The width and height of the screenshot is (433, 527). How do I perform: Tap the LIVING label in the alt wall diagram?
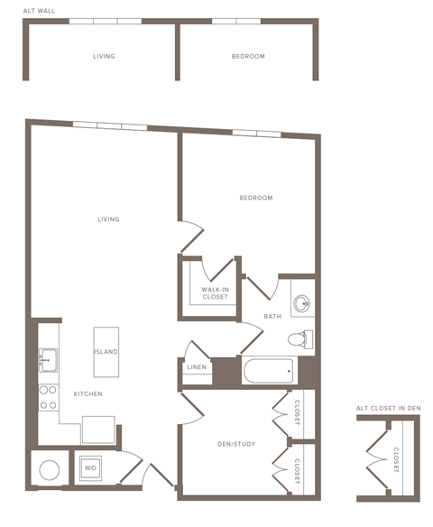pyautogui.click(x=104, y=56)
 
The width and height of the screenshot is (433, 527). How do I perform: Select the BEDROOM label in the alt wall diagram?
pyautogui.click(x=248, y=56)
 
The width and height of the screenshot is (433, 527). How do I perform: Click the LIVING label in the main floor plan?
pyautogui.click(x=109, y=219)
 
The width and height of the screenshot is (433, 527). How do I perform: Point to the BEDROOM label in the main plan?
pyautogui.click(x=255, y=198)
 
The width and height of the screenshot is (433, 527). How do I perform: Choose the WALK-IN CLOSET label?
pyautogui.click(x=215, y=292)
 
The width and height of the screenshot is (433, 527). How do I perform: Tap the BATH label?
pyautogui.click(x=272, y=317)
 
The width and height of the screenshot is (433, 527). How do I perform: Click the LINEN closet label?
pyautogui.click(x=197, y=367)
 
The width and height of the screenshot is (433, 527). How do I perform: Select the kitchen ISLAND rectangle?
pyautogui.click(x=106, y=352)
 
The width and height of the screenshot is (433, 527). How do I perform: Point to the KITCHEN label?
pyautogui.click(x=88, y=393)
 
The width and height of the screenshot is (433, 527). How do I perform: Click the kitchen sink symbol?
pyautogui.click(x=47, y=358)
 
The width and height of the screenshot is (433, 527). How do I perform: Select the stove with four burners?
pyautogui.click(x=47, y=398)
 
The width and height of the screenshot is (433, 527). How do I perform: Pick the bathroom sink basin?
pyautogui.click(x=303, y=302)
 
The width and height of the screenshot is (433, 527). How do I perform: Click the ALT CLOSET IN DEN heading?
pyautogui.click(x=388, y=409)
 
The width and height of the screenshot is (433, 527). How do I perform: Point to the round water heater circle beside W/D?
pyautogui.click(x=48, y=469)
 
